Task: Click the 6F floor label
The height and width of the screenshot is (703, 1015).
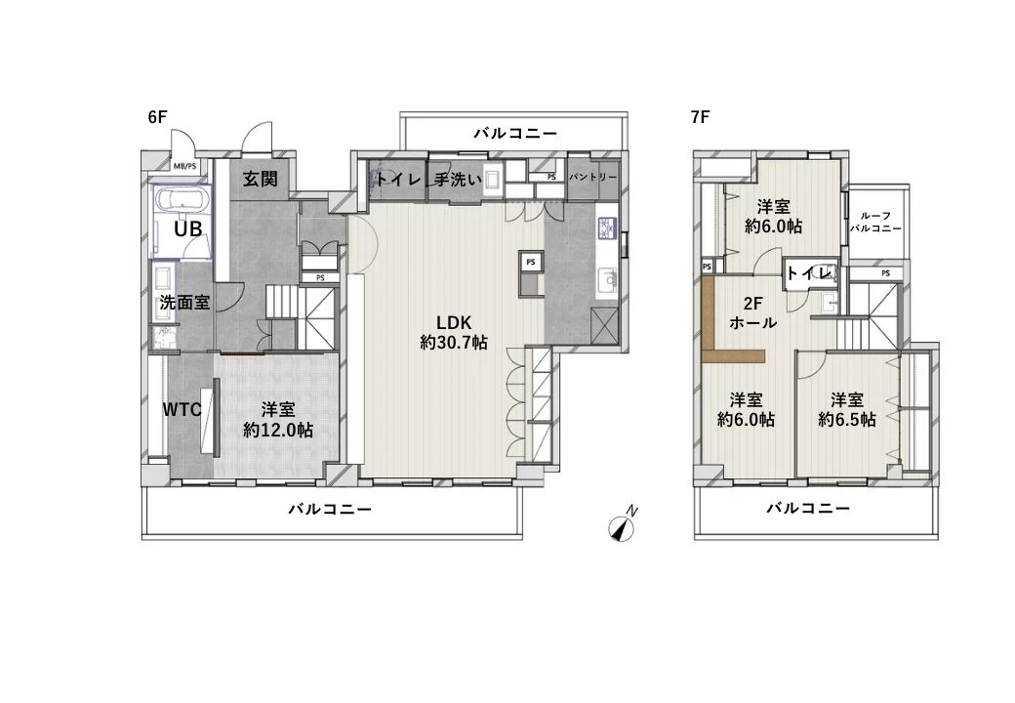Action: [157, 116]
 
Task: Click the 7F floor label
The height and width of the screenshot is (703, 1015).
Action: [699, 116]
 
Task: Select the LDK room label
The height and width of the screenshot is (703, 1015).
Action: [455, 323]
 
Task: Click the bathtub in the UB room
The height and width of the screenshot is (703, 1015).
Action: [181, 201]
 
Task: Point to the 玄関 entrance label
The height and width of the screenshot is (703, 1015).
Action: [260, 179]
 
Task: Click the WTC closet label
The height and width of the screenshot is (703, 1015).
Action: [182, 409]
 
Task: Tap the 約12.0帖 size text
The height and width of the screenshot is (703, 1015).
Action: [278, 430]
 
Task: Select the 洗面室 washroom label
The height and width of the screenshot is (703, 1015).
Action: [184, 302]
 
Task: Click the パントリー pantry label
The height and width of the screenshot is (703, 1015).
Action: [592, 178]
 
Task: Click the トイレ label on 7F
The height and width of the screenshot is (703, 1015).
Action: [809, 272]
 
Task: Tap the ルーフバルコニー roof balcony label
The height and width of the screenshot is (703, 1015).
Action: [874, 222]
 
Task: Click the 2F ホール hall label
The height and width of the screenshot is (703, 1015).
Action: [752, 312]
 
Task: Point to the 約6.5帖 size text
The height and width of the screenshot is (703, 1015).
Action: [846, 419]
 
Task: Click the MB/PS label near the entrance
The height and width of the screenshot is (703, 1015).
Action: [184, 166]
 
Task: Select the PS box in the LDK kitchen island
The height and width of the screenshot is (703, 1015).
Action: [531, 263]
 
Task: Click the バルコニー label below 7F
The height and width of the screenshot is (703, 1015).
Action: [807, 508]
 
